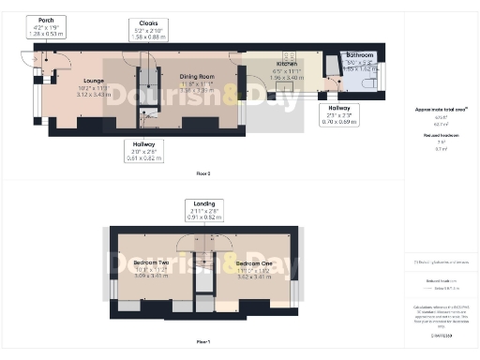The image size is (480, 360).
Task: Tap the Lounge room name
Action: (x=92, y=81)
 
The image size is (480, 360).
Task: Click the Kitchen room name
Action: (x=285, y=64)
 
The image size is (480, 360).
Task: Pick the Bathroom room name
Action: (x=359, y=56)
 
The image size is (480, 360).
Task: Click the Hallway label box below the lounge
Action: (x=143, y=150)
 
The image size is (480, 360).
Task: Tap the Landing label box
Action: (x=204, y=208)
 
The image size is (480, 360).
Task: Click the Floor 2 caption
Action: (x=202, y=174)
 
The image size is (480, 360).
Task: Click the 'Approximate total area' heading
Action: (x=442, y=110)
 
